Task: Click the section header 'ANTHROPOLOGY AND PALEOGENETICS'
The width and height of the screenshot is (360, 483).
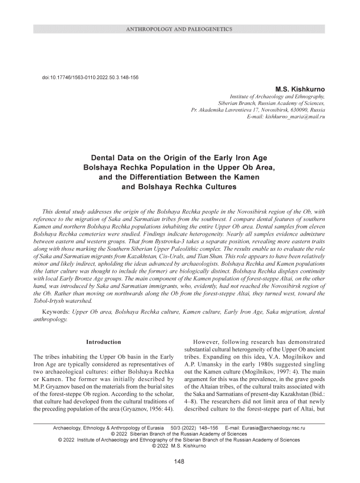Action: click(x=180, y=29)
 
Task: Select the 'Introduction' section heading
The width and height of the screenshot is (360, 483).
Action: click(x=104, y=342)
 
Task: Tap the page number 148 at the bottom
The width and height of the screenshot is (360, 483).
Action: click(x=180, y=462)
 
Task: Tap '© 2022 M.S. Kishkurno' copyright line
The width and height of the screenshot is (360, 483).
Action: click(x=180, y=446)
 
